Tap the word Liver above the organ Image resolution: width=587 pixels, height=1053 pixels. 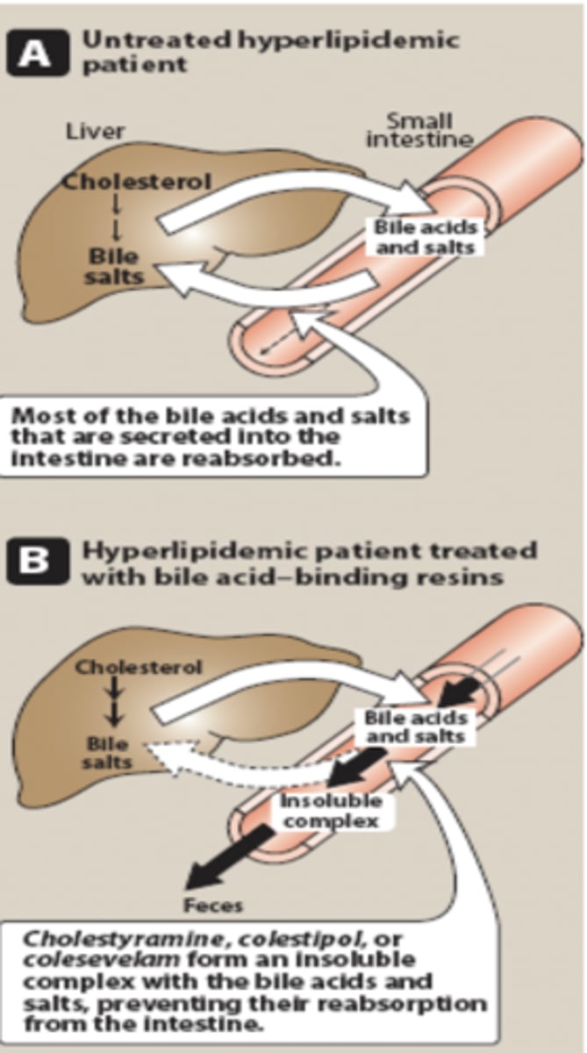point(96,132)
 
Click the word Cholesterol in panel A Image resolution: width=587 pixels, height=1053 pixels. point(125,183)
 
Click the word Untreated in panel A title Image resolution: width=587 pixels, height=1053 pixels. point(150,39)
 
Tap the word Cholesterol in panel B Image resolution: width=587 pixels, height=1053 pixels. point(139,666)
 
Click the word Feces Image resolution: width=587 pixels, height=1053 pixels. point(212,904)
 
